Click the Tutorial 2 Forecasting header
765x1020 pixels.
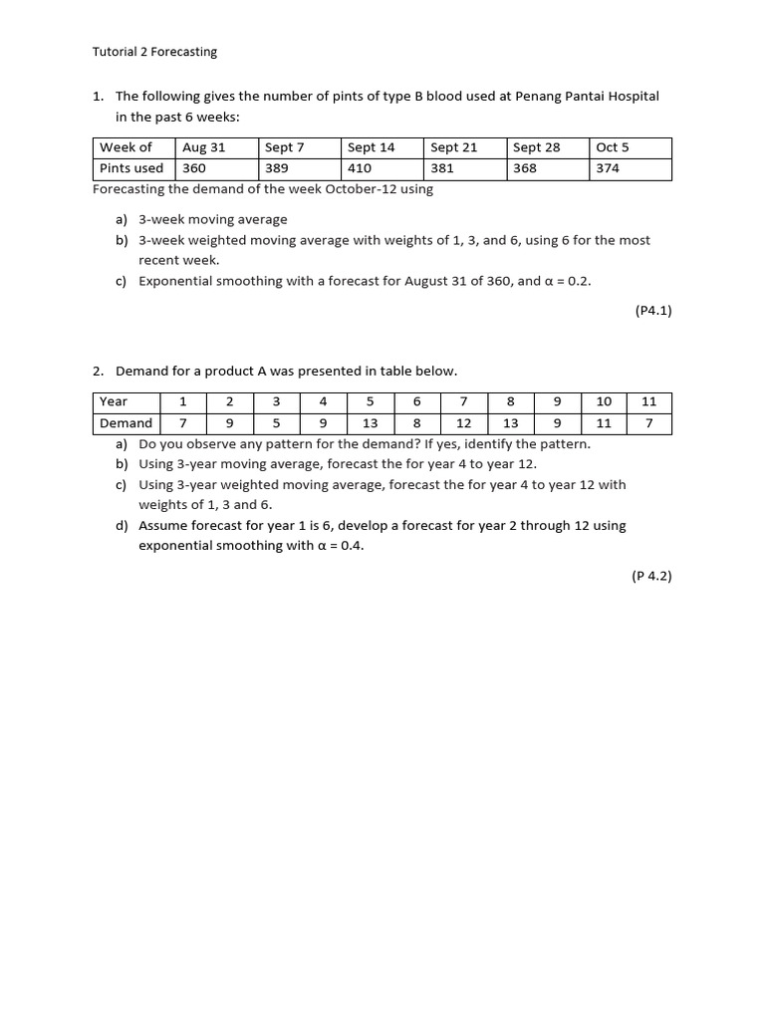(x=154, y=52)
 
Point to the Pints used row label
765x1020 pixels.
(x=131, y=168)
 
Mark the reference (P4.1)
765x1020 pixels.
(x=653, y=311)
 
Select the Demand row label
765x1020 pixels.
(x=127, y=423)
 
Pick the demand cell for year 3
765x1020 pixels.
(x=276, y=423)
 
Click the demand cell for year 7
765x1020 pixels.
(x=463, y=423)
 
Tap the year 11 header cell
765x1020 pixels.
(x=649, y=401)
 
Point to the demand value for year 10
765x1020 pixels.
(x=604, y=423)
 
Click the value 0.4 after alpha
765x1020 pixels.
(x=352, y=546)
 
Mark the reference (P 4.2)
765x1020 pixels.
(x=651, y=576)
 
